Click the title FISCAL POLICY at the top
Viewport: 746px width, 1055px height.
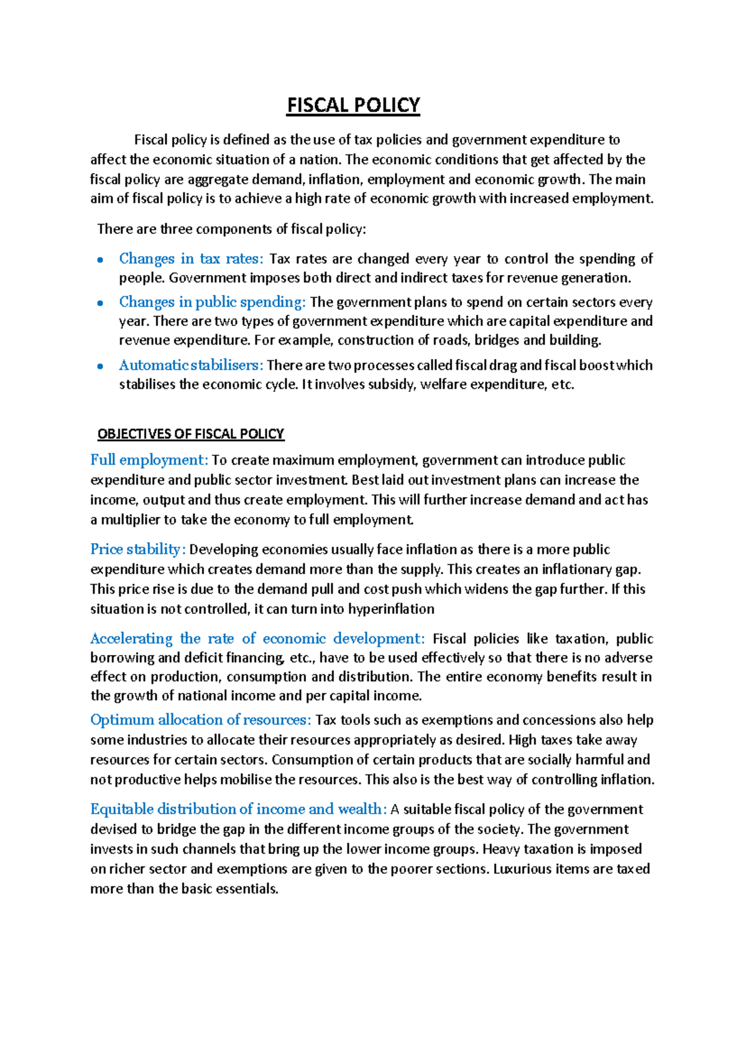pos(353,105)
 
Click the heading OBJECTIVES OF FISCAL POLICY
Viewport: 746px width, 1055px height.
pos(191,434)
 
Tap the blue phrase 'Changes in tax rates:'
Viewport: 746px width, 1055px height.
pos(191,259)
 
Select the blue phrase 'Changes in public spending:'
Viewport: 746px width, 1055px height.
pos(212,302)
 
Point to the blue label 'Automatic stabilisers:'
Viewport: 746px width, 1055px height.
pos(191,365)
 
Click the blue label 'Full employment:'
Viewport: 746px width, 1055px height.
pos(149,460)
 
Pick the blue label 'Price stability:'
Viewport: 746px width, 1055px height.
pos(138,549)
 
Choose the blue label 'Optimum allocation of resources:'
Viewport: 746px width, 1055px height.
pos(200,720)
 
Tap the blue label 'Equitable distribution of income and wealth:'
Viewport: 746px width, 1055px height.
pos(239,809)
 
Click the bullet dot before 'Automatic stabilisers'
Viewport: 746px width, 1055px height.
pos(100,366)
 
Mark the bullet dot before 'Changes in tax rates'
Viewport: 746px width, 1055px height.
pos(100,261)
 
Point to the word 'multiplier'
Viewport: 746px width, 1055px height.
pos(131,520)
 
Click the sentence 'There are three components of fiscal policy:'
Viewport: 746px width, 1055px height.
pos(232,229)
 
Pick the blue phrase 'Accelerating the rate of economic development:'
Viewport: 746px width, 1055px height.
pos(257,639)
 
